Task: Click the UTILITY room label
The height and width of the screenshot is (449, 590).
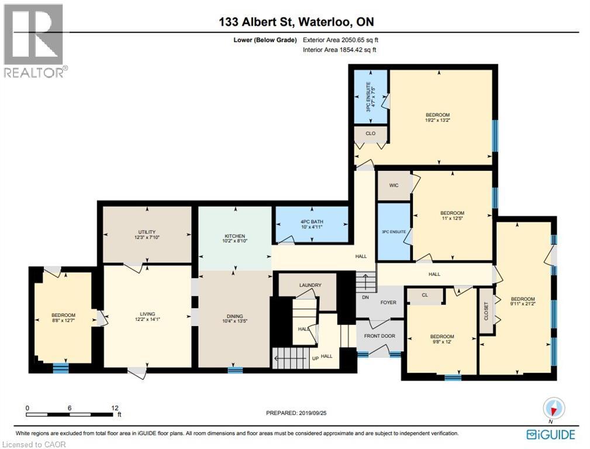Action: (147, 232)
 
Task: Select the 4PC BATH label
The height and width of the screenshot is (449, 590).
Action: (312, 222)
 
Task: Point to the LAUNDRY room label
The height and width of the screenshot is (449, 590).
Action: (310, 285)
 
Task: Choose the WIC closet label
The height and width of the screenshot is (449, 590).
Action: (394, 185)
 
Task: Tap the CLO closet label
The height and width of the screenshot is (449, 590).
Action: (370, 133)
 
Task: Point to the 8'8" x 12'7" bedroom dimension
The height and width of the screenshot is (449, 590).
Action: (63, 321)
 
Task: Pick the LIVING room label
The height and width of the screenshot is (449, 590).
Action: (147, 314)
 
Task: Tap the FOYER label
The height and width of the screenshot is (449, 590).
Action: (388, 302)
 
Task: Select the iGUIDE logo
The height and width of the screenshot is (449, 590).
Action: (550, 434)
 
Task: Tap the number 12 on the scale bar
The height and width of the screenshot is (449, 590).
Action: (115, 407)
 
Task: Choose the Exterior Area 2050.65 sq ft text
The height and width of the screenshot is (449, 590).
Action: (344, 40)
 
